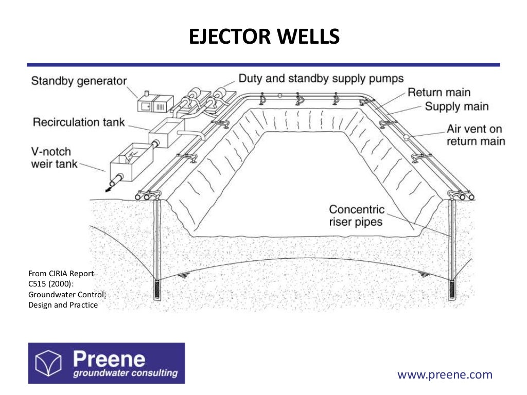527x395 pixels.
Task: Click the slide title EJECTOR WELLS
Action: pyautogui.click(x=263, y=38)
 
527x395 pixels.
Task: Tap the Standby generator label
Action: pyautogui.click(x=79, y=81)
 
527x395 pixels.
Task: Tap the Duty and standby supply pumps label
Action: pyautogui.click(x=321, y=78)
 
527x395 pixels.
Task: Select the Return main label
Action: pyautogui.click(x=439, y=93)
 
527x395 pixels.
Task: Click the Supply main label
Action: pyautogui.click(x=456, y=106)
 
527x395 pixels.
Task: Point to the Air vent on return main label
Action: pyautogui.click(x=476, y=135)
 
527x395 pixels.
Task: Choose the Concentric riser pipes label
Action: pyautogui.click(x=357, y=216)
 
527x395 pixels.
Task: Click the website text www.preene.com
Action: pyautogui.click(x=445, y=374)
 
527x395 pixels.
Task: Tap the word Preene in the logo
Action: pyautogui.click(x=109, y=358)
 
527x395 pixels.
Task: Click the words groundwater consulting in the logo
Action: pyautogui.click(x=125, y=373)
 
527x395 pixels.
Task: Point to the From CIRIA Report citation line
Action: pyautogui.click(x=61, y=274)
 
